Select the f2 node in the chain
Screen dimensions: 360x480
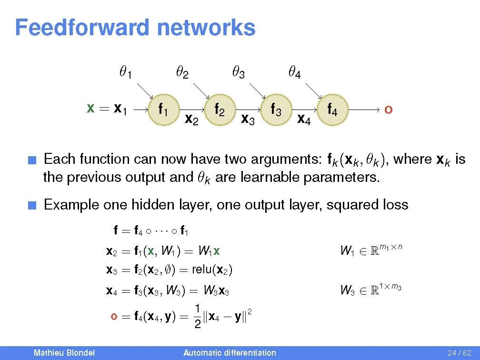220,111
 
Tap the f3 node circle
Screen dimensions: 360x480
276,111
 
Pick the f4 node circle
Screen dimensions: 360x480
332,111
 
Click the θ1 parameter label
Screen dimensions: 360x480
125,73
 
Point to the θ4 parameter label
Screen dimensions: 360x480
294,73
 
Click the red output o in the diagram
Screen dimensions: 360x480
388,110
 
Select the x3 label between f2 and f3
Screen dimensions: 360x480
248,120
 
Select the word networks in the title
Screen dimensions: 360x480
206,28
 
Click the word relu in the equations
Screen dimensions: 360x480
202,270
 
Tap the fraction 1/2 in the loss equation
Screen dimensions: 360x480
197,316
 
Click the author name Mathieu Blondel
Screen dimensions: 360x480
64,353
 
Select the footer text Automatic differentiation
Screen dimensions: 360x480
230,353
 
